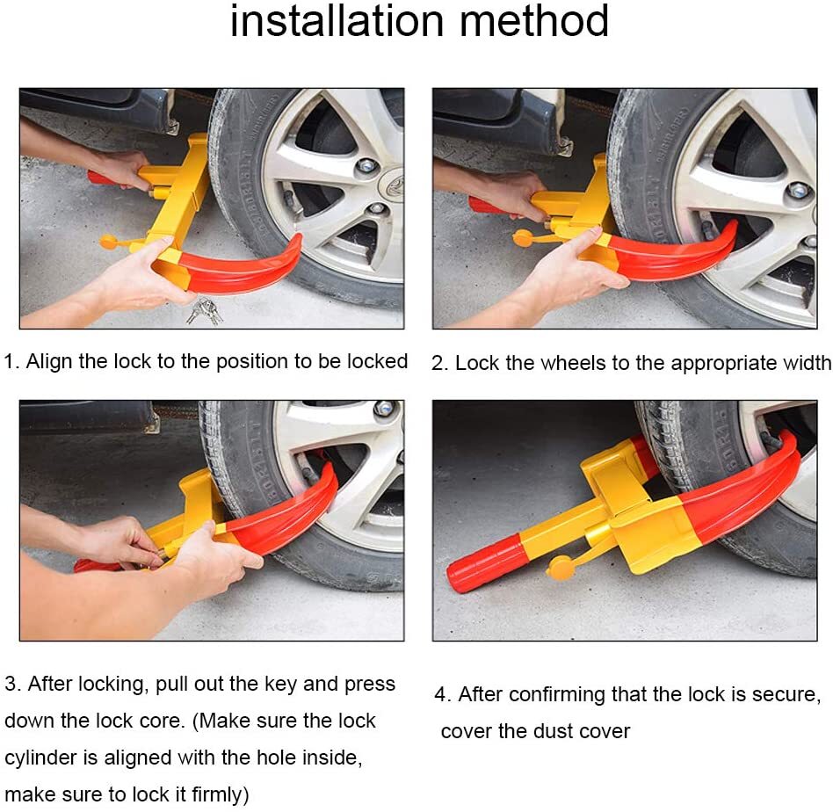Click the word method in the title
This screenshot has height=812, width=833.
click(x=542, y=21)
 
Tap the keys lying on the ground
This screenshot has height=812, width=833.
click(x=205, y=309)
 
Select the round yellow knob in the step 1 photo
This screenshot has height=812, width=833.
click(x=108, y=241)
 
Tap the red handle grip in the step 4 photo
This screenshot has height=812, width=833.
click(x=487, y=563)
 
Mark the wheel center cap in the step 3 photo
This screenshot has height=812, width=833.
click(x=384, y=410)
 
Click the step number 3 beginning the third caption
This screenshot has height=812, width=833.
click(x=10, y=684)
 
